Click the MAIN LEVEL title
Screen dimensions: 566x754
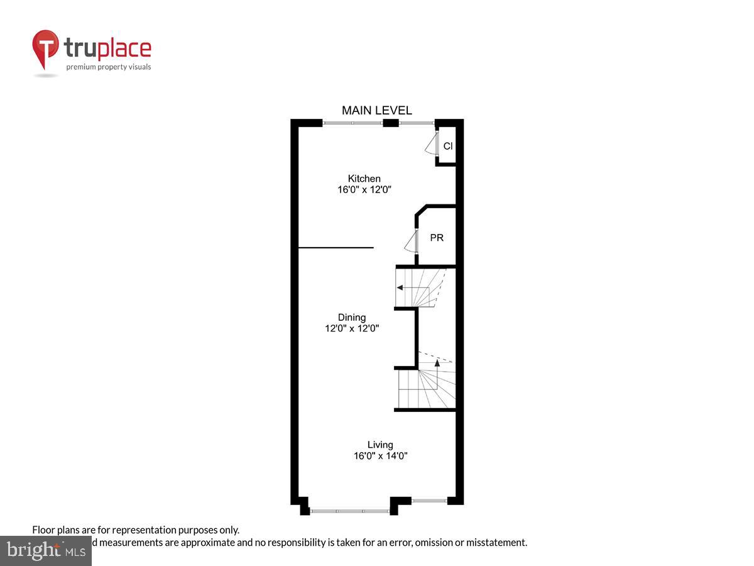(x=376, y=111)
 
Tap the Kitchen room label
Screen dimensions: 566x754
(x=364, y=179)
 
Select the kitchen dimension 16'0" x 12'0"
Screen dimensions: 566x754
(x=364, y=189)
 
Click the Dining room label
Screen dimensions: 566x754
(x=351, y=318)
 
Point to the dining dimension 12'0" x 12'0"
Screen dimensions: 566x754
(x=351, y=328)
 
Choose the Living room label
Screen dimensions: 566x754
(x=380, y=445)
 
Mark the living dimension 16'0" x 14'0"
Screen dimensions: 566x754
(x=380, y=456)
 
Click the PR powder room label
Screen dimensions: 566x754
(x=437, y=238)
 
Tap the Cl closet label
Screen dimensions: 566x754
(x=448, y=146)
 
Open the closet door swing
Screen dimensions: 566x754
(x=431, y=145)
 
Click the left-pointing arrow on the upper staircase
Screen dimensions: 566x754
(x=400, y=287)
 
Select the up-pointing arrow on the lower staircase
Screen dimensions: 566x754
(x=437, y=363)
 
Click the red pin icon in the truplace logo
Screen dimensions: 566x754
(x=46, y=47)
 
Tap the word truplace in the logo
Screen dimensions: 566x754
(x=107, y=48)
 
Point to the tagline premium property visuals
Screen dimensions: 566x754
(x=109, y=67)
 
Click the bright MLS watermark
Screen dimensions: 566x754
(x=45, y=550)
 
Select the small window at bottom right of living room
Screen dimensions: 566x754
(x=429, y=501)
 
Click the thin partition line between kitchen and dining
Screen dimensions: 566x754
(x=336, y=248)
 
